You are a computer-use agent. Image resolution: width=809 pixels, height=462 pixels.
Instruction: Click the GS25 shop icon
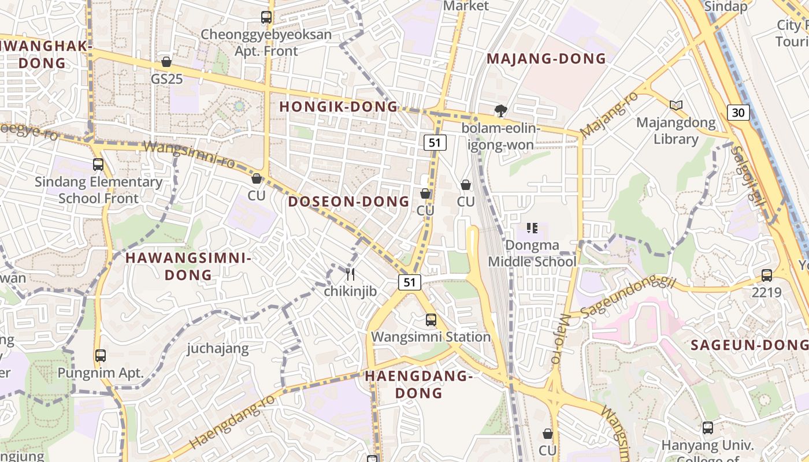[166, 62]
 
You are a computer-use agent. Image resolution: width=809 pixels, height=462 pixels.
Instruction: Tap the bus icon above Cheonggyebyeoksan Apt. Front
[266, 17]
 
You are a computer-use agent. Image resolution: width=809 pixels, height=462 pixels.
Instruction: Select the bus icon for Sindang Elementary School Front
[98, 165]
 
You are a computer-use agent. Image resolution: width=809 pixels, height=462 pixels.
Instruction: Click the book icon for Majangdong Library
[676, 105]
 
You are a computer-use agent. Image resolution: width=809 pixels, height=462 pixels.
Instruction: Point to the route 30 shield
[739, 112]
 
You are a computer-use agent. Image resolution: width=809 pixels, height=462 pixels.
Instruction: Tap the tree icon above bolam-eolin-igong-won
[500, 111]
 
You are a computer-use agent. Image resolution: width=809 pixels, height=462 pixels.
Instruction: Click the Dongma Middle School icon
[532, 228]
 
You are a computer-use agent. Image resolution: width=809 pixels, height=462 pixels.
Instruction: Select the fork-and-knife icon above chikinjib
[350, 274]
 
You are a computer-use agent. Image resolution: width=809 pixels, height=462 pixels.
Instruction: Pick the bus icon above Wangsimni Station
[431, 319]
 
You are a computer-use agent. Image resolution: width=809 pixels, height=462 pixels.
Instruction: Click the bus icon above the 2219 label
[766, 275]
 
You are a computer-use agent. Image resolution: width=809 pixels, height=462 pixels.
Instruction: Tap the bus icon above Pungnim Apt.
[101, 355]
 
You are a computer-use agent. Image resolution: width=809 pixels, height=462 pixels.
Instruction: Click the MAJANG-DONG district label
[546, 59]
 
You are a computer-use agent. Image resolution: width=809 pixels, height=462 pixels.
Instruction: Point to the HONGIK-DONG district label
[339, 107]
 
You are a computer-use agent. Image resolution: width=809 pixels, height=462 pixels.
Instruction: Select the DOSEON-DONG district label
[348, 202]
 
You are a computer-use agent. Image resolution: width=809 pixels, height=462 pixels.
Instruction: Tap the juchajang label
[218, 348]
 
